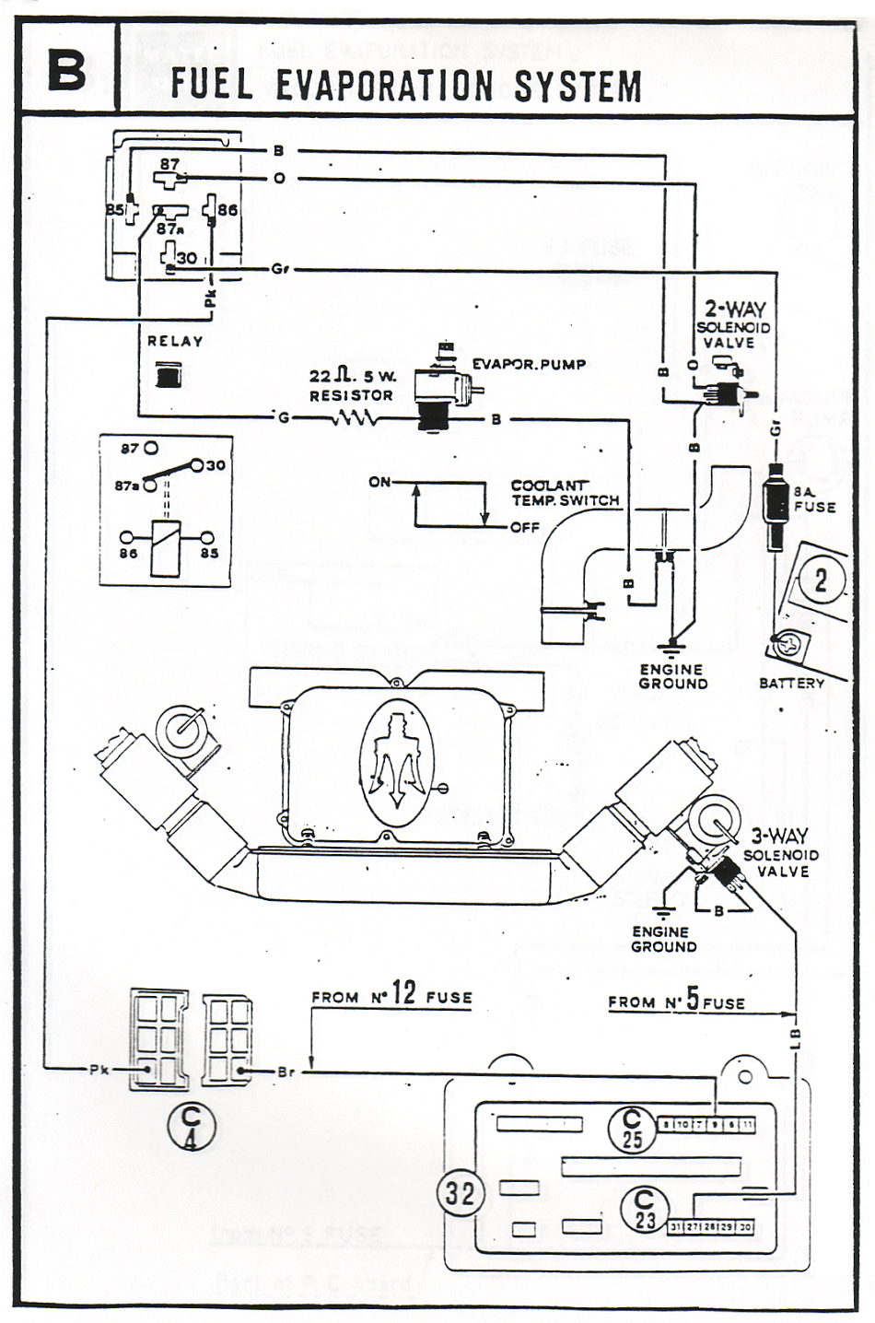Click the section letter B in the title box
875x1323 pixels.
click(66, 70)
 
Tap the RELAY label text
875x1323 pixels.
click(175, 341)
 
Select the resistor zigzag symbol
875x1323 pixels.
click(353, 419)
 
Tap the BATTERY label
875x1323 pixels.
click(791, 683)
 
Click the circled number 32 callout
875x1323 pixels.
click(460, 1194)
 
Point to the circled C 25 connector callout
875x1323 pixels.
click(631, 1129)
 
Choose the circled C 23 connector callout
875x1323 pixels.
click(644, 1210)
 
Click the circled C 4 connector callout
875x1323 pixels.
click(192, 1127)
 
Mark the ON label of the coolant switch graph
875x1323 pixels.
click(379, 482)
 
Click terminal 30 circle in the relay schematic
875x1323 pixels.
click(197, 464)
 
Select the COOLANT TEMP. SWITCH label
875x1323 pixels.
click(565, 493)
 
